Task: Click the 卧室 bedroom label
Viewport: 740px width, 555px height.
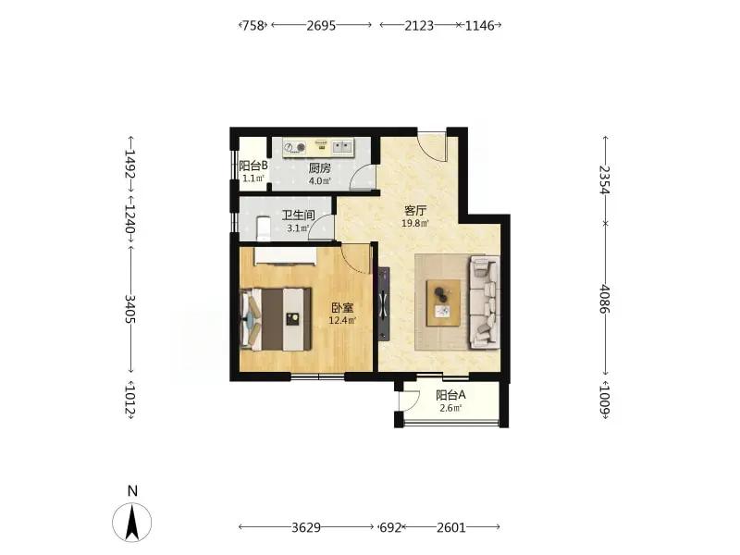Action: (x=342, y=308)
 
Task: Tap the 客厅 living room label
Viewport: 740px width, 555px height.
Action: (x=415, y=211)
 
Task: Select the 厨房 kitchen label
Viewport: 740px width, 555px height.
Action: (x=320, y=167)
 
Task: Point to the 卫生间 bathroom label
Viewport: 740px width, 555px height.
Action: (x=298, y=216)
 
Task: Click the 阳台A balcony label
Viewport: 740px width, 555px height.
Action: (x=450, y=395)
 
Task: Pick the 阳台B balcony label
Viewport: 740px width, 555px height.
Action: (x=253, y=166)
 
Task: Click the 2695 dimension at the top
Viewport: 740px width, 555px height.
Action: (x=321, y=26)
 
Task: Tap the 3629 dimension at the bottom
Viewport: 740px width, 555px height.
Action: (x=306, y=527)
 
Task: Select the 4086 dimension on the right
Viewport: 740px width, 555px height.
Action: (x=605, y=299)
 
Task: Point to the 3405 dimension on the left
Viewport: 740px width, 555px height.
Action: (x=129, y=309)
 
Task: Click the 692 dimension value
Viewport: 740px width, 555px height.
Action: (x=390, y=527)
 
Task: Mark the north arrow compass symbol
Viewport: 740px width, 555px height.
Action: (x=132, y=522)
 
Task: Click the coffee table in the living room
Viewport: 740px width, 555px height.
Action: (x=444, y=302)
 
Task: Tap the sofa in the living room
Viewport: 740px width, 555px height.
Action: (x=484, y=302)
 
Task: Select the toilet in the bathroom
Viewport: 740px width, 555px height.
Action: (x=263, y=228)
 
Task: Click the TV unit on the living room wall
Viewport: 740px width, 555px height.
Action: (x=384, y=304)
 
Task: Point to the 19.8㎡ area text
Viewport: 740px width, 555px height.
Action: (x=415, y=223)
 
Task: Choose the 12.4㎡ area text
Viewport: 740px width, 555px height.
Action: (x=342, y=321)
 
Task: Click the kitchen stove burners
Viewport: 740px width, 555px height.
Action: (x=295, y=148)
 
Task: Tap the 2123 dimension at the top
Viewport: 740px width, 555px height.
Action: (x=419, y=26)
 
